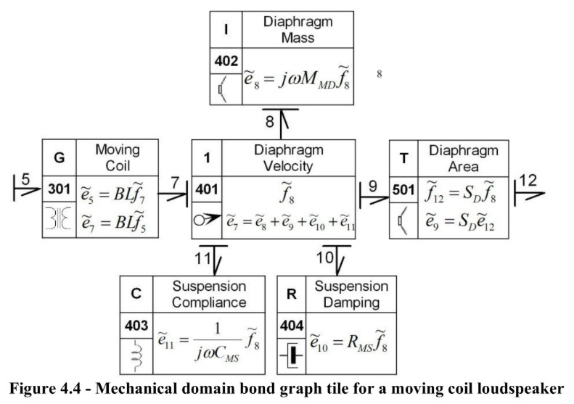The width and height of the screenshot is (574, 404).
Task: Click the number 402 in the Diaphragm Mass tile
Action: tap(226, 61)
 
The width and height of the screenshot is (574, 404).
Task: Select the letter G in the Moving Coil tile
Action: tap(60, 157)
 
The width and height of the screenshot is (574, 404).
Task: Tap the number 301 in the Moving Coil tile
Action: tap(59, 189)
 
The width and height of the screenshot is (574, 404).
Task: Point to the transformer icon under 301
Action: tap(59, 218)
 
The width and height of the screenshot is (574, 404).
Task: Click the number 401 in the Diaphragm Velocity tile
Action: tap(207, 189)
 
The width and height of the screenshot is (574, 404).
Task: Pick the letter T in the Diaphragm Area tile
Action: tap(403, 158)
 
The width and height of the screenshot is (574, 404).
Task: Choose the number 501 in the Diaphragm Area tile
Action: tap(403, 190)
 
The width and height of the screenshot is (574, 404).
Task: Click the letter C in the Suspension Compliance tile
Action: tap(136, 294)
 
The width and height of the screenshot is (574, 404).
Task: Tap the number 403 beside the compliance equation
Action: tap(136, 325)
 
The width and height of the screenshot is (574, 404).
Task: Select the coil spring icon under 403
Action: tap(137, 355)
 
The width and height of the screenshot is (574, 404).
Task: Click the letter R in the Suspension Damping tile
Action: tap(292, 294)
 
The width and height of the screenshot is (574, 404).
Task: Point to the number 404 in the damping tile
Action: tap(292, 325)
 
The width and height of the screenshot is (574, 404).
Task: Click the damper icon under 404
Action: tap(292, 355)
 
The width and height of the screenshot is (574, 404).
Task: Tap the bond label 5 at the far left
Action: tap(25, 179)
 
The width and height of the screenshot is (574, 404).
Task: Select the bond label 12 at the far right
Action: tap(528, 181)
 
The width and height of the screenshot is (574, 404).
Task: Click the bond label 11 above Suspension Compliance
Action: tap(203, 258)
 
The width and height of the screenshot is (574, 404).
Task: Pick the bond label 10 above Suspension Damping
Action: tap(325, 257)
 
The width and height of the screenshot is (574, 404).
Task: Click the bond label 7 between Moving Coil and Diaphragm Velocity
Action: tap(175, 182)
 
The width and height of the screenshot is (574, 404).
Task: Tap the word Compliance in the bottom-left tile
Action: tap(209, 302)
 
